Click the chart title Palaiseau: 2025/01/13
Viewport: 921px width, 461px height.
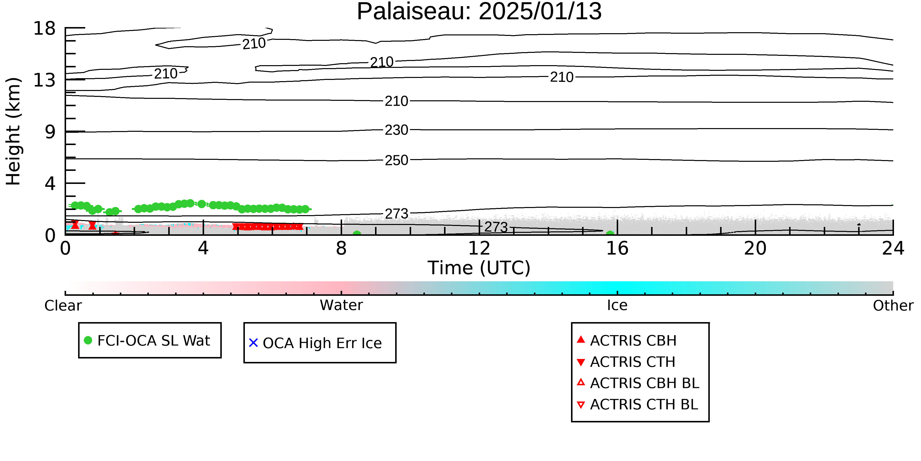click(479, 12)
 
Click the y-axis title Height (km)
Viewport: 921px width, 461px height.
click(13, 131)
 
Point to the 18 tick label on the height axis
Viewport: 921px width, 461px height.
click(44, 28)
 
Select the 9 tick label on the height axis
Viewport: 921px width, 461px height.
click(50, 132)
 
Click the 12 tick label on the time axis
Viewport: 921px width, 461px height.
click(479, 248)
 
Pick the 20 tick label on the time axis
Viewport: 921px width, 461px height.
click(755, 248)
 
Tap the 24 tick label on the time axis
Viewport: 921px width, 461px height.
click(893, 248)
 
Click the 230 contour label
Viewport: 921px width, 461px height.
click(396, 130)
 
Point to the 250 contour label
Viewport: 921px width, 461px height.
click(396, 160)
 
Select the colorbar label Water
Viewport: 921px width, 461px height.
click(341, 305)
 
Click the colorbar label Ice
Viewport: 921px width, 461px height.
click(617, 305)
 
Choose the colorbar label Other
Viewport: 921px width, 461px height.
click(893, 306)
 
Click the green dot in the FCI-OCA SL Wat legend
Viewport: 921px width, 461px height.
click(88, 340)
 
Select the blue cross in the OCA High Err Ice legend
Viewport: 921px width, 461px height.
click(253, 343)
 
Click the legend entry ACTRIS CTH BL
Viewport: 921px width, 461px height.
click(638, 404)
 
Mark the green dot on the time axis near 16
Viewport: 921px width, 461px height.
click(610, 234)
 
